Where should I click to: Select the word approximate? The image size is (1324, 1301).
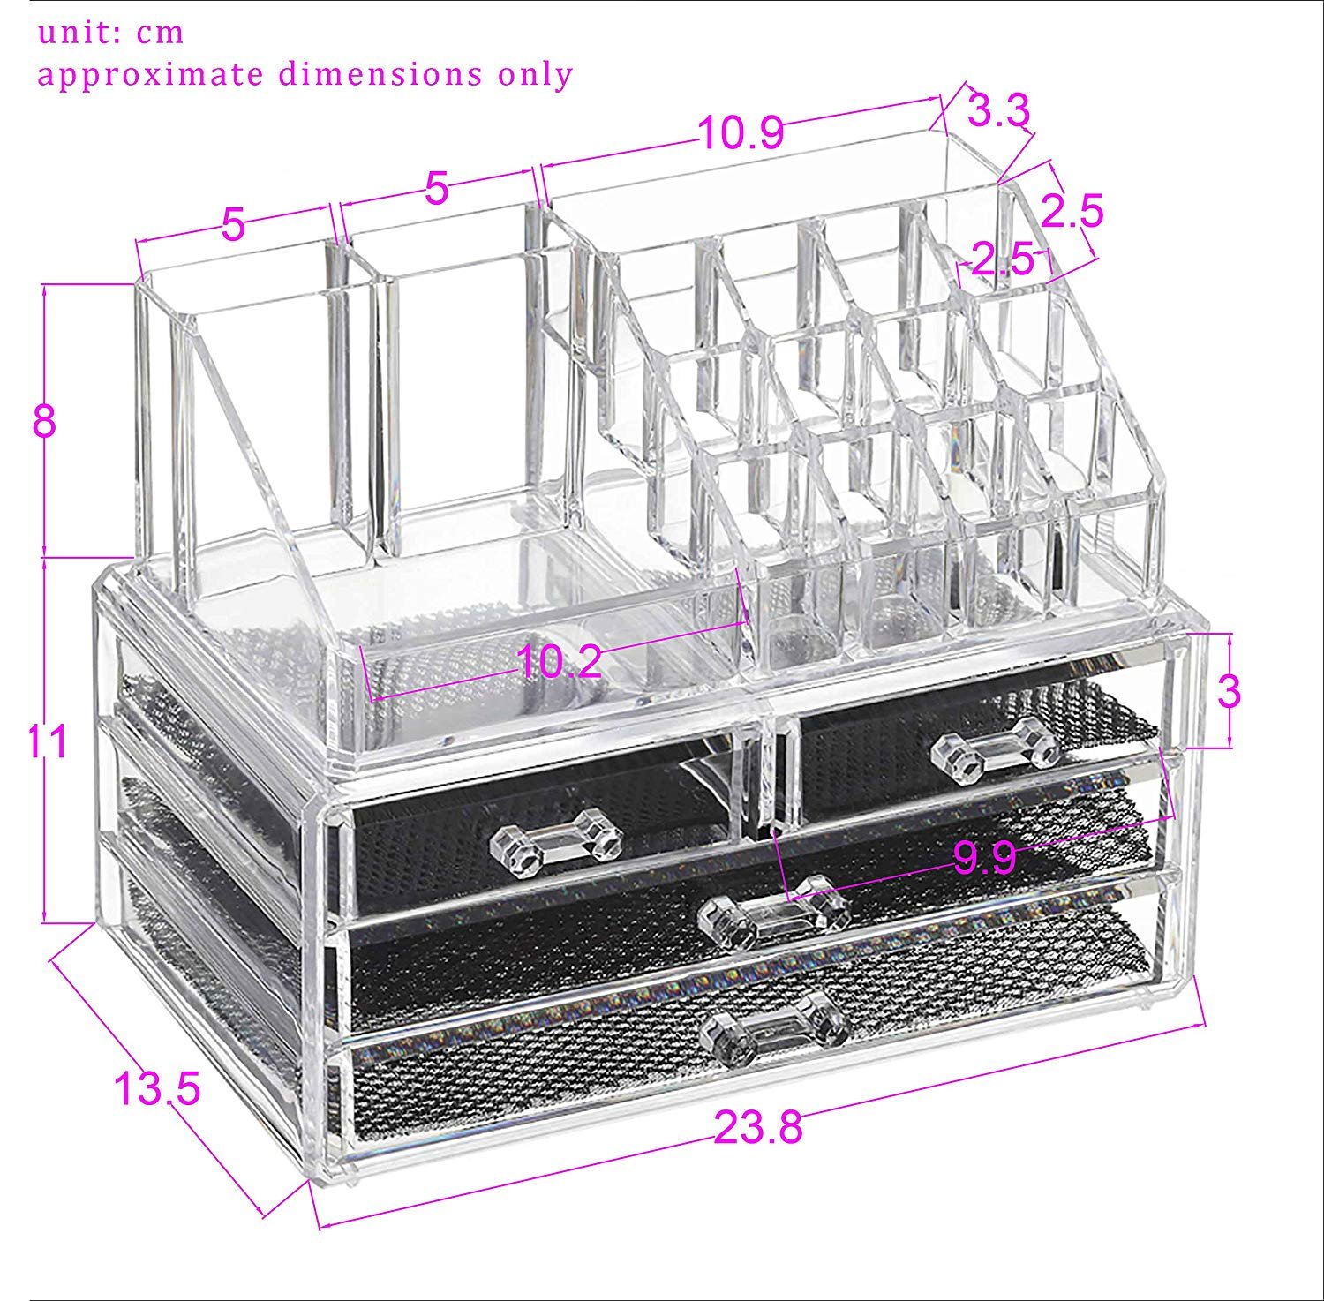coord(151,75)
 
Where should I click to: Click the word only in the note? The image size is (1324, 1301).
coord(536,74)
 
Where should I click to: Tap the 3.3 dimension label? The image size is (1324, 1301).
coord(998,111)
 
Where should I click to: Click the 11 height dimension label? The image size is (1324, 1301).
coord(46,741)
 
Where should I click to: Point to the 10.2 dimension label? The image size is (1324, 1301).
coord(560,662)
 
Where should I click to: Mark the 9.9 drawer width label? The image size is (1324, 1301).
coord(984,857)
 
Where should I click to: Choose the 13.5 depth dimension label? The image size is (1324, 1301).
coord(157,1089)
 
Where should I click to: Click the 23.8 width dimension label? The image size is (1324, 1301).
coord(758,1127)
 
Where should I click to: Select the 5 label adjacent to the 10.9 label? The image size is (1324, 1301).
coord(437,188)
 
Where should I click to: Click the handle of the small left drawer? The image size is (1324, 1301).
coord(556,844)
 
